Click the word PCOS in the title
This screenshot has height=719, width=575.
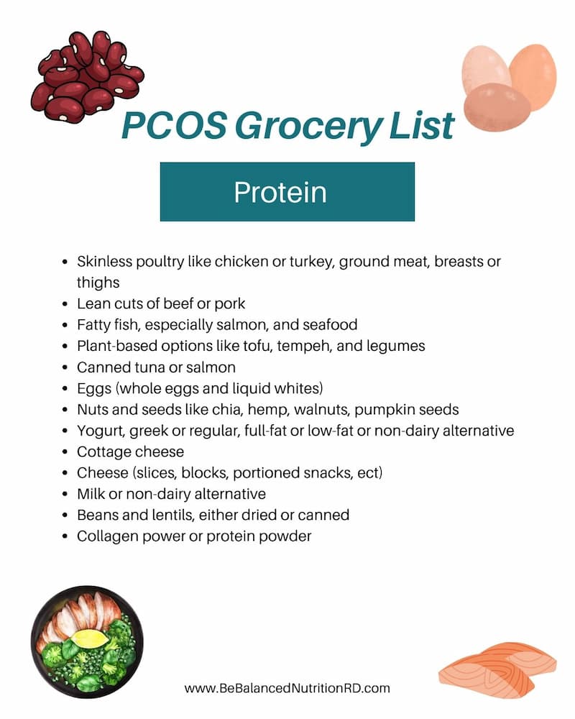click(x=174, y=126)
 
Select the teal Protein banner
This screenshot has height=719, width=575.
click(x=287, y=192)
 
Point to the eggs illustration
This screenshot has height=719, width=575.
click(x=509, y=87)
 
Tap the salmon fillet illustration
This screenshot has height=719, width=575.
click(x=497, y=669)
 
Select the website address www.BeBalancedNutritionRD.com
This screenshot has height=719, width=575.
click(x=287, y=688)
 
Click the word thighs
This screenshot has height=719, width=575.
click(x=98, y=283)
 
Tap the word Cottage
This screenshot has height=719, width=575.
click(x=105, y=452)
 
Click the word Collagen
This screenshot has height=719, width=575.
click(x=108, y=536)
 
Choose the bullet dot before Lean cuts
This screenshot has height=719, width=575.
click(x=65, y=304)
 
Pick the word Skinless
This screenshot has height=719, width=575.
click(x=104, y=262)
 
